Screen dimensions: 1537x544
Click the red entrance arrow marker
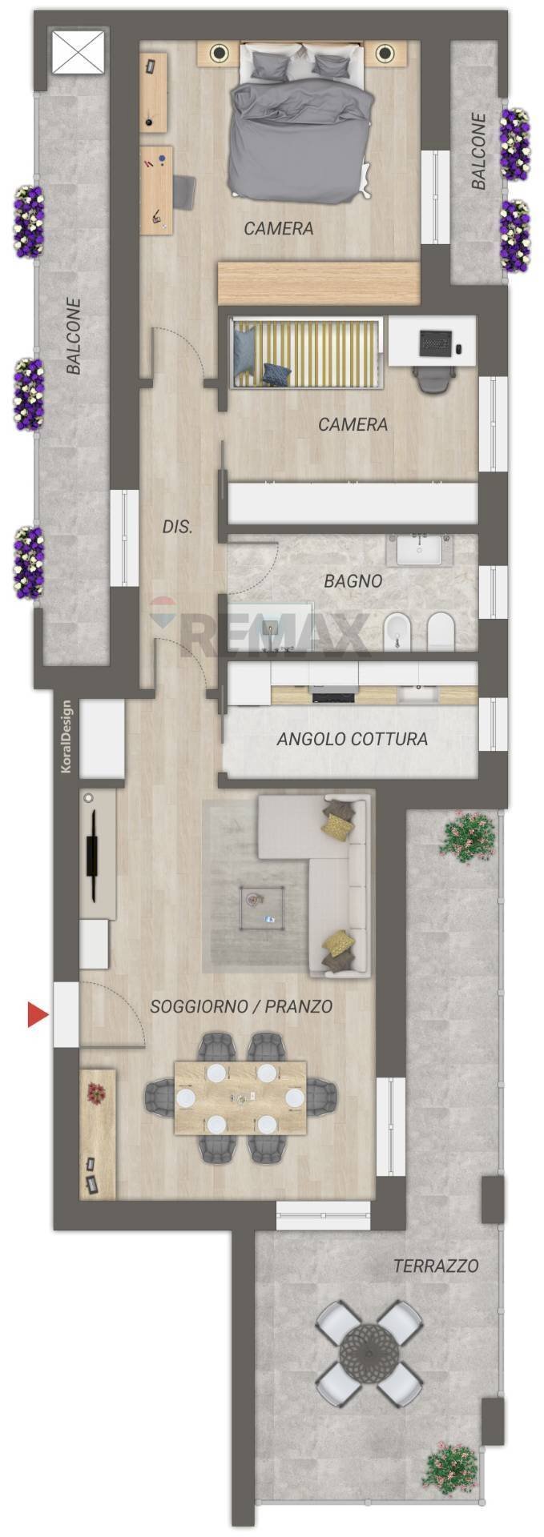pos(37,1014)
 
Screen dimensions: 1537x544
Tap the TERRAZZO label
pos(436,1266)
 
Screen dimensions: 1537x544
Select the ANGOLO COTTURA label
pos(352,739)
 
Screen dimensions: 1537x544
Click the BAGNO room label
pos(353,581)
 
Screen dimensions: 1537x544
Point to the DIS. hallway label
pos(177,527)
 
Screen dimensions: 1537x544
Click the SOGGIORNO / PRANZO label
pos(241,1006)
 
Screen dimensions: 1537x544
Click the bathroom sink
pos(421,551)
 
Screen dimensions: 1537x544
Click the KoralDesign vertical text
pos(66,737)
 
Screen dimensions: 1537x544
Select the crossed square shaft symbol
pos(79,53)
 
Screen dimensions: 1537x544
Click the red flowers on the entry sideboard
pos(97,1093)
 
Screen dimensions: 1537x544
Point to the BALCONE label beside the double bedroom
pos(478,151)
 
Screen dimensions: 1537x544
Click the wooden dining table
pos(240,1098)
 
